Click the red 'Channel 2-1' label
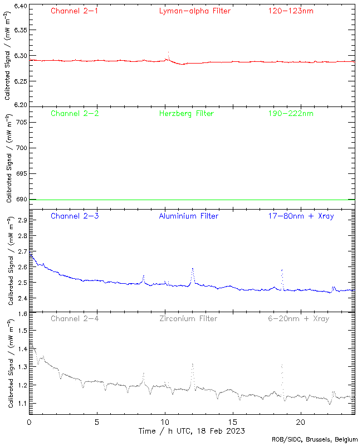[75, 11]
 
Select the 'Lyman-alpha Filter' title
[194, 11]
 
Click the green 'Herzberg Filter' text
[186, 114]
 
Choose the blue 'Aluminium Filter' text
[188, 216]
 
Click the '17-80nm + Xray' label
[301, 216]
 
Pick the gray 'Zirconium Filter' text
[188, 318]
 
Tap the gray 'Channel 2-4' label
[75, 318]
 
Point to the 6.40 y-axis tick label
[19, 6]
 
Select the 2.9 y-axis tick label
[21, 221]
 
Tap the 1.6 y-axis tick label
[21, 314]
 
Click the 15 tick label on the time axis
[233, 422]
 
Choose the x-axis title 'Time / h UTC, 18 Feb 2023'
[192, 431]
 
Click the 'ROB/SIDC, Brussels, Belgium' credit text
[315, 440]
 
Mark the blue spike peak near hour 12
[192, 268]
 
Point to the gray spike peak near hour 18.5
[282, 364]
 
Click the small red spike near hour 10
[168, 52]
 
